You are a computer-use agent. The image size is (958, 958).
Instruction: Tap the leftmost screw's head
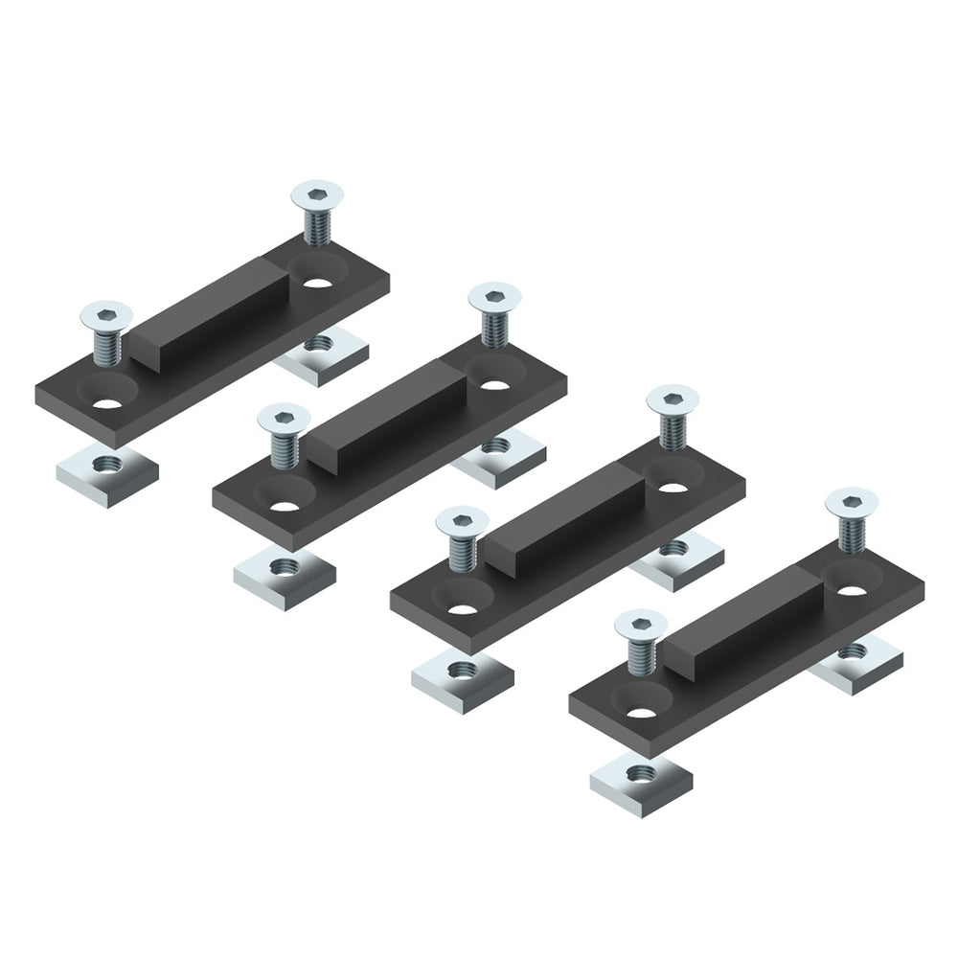pyautogui.click(x=104, y=314)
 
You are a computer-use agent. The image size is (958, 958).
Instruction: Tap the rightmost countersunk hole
pyautogui.click(x=852, y=586)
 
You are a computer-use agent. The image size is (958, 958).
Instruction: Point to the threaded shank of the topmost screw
pyautogui.click(x=317, y=228)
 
